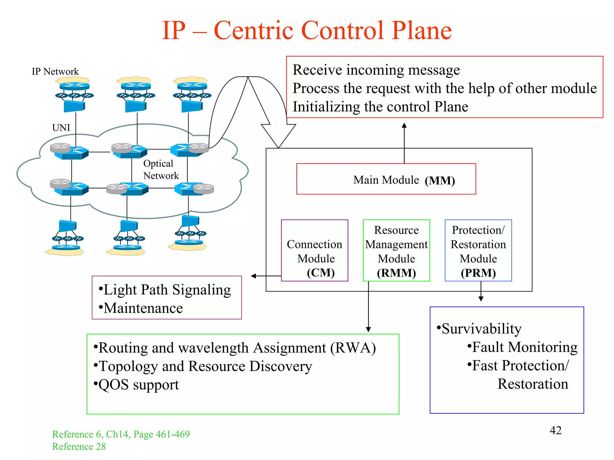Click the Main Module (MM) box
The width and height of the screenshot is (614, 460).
(386, 179)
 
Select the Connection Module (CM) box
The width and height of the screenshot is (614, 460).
(314, 251)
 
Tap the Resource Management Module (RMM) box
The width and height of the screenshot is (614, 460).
(396, 251)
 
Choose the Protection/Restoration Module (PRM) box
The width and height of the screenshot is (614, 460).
(478, 251)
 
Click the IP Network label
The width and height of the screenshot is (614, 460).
(55, 72)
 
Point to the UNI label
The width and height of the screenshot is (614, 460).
(61, 128)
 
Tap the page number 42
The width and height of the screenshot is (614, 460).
(555, 430)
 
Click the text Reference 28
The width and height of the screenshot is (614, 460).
(79, 447)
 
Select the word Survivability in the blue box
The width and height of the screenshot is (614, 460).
(481, 329)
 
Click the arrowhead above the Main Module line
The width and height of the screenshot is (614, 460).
(404, 125)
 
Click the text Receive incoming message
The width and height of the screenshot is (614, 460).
(376, 70)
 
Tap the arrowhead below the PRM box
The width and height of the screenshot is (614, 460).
(481, 299)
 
